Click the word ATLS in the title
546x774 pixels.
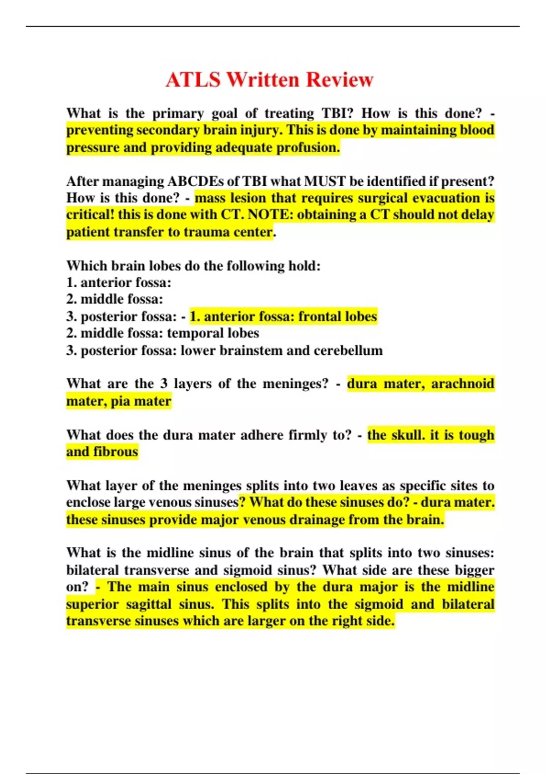(193, 80)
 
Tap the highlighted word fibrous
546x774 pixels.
(116, 452)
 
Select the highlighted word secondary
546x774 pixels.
(167, 130)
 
